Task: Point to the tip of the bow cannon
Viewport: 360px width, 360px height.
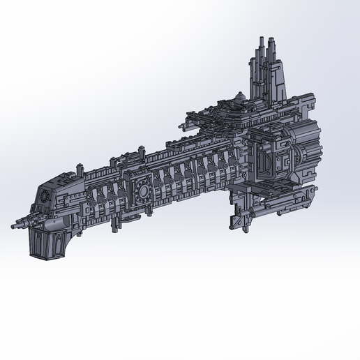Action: pos(15,226)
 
